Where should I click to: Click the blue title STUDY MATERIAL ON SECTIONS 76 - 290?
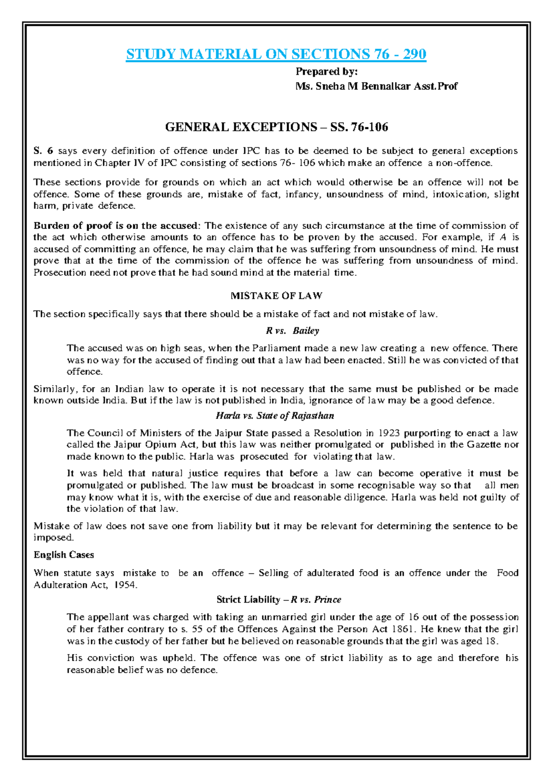point(276,54)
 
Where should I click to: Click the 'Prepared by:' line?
point(326,71)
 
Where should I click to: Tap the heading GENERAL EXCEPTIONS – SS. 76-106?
point(276,127)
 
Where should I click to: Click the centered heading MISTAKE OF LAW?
point(276,296)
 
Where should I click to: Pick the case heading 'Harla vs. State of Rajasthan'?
point(275,415)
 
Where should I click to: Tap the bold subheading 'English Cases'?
point(64,555)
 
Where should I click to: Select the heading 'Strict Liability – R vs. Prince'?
point(279,599)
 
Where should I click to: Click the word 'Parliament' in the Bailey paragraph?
point(276,348)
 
